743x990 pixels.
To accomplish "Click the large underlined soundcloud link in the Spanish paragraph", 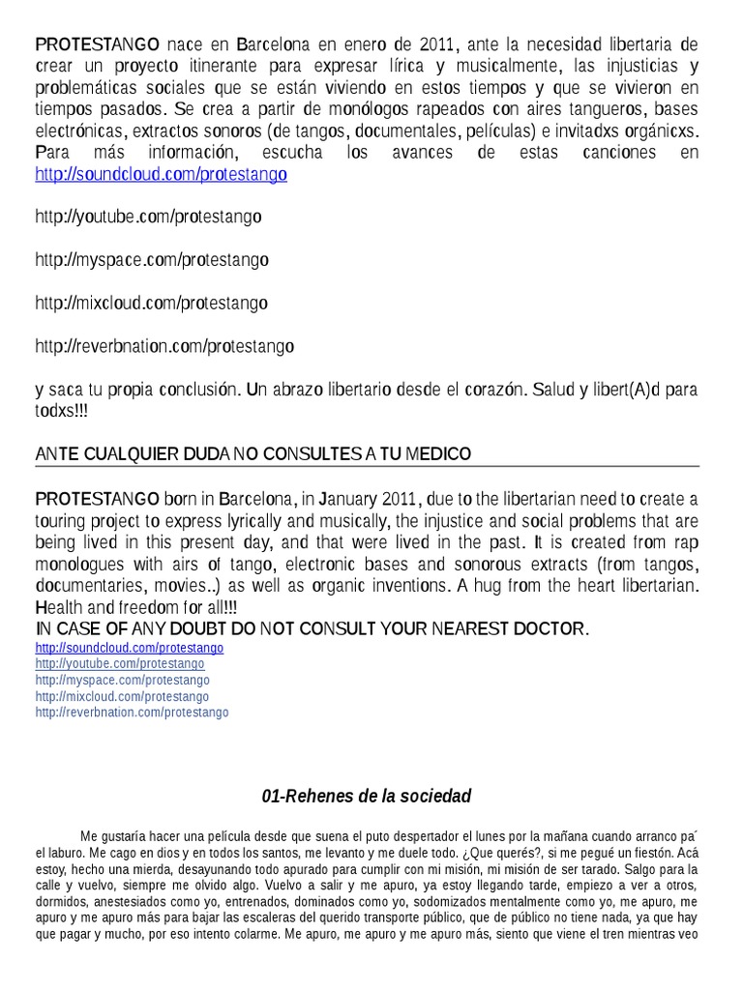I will tap(161, 175).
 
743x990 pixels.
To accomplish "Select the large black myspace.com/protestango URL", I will tap(152, 260).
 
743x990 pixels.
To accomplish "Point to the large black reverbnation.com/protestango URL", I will tap(164, 345).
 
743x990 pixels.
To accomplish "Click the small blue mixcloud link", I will tap(122, 696).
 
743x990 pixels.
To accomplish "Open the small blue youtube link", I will tap(120, 664).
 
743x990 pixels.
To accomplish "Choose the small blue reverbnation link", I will tap(132, 713).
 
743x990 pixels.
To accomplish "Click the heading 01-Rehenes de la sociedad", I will tap(367, 797).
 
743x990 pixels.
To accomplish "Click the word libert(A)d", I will tap(616, 390).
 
